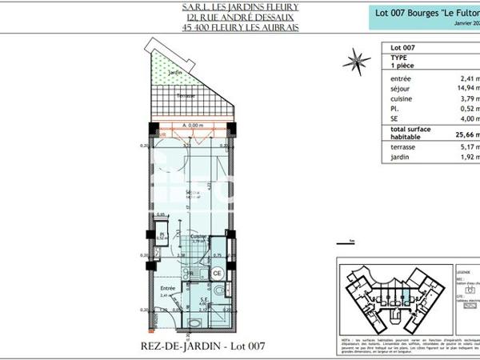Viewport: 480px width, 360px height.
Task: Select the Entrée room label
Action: coord(167,288)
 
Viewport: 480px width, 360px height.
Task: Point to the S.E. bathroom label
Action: coord(202,299)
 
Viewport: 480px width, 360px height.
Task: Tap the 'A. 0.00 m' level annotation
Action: coord(194,126)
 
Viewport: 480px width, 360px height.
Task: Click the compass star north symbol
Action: coord(350,58)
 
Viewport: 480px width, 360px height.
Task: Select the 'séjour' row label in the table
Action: coord(402,89)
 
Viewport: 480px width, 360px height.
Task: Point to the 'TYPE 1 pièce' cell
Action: coord(400,62)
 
